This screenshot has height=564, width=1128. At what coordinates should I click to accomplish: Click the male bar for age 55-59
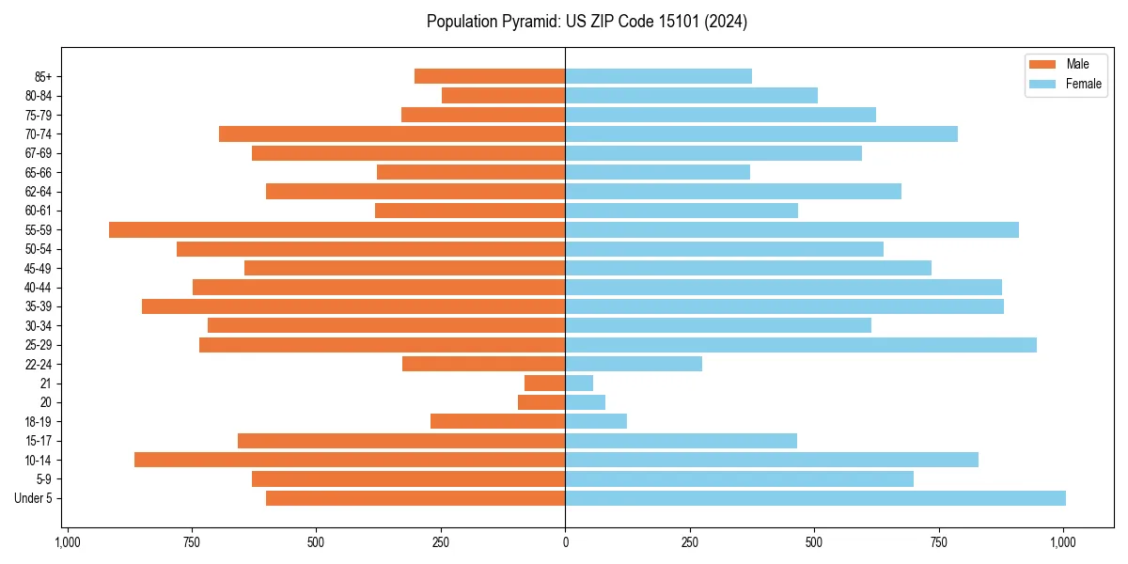coord(337,229)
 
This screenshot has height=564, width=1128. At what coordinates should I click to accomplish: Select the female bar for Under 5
coord(815,498)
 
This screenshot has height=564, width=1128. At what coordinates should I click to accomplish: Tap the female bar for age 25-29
coord(800,345)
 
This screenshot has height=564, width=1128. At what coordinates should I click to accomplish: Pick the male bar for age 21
coord(545,384)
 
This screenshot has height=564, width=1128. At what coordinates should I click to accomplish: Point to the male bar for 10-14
coord(350,460)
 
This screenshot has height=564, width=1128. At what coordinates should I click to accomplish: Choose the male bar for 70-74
coord(392,134)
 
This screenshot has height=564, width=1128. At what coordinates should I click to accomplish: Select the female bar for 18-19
coord(596,421)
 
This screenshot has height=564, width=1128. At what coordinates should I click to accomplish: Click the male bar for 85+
coord(490,76)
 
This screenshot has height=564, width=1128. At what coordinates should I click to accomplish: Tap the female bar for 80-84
coord(691,95)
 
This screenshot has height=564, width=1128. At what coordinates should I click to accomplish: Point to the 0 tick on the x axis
coord(565,542)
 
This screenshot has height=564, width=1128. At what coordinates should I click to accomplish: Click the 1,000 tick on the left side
coord(67,542)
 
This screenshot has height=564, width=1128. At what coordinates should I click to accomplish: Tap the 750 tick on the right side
coord(938,542)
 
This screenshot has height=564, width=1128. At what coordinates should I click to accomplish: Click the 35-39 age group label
coord(39,306)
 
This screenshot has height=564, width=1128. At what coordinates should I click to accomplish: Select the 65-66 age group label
coord(39,172)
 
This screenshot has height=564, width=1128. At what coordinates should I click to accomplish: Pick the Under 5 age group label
coord(34,498)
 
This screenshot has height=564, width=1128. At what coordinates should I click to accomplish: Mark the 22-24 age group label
coord(39,364)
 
